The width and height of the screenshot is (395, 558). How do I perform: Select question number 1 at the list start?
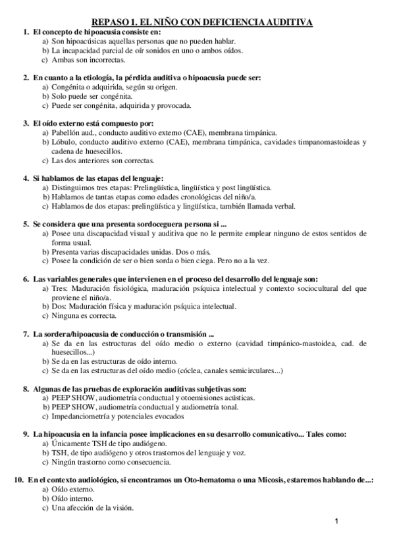[x=25, y=32]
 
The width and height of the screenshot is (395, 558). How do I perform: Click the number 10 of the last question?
[x=19, y=481]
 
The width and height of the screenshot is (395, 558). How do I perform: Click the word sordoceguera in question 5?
[x=147, y=224]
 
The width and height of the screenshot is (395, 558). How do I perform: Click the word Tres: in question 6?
[x=61, y=288]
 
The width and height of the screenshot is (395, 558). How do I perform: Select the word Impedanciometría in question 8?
[x=81, y=416]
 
